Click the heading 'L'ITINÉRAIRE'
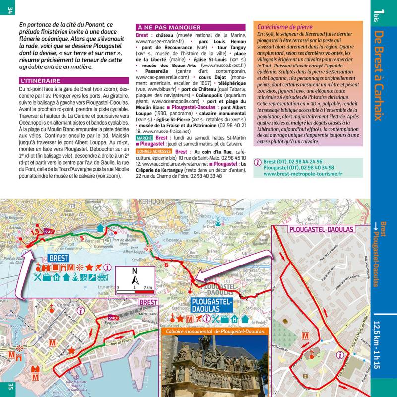47,80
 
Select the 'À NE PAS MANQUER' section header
169,27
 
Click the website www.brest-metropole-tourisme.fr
303,174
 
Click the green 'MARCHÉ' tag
144,138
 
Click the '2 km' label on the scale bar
148,287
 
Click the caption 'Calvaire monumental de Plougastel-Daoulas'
215,331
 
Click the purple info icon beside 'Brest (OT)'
258,162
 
